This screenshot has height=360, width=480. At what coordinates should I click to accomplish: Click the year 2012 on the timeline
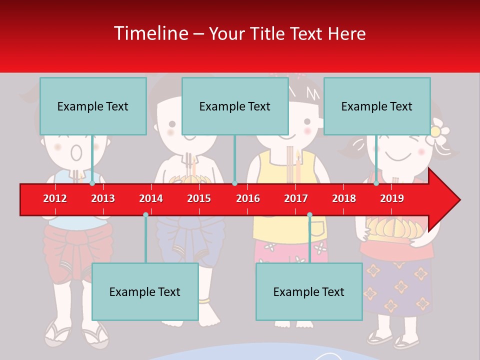pos(55,198)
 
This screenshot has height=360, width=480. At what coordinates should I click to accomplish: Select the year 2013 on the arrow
pos(103,198)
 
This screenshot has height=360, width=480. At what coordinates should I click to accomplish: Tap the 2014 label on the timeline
pos(151,198)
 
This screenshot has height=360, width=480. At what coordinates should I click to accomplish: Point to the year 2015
pos(199,198)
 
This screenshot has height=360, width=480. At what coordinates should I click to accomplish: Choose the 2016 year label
pos(248,198)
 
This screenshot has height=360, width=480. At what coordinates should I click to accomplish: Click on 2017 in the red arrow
pos(296,198)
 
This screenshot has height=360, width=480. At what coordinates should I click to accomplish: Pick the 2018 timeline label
pos(344,198)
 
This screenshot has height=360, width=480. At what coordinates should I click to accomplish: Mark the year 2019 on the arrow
pos(392,198)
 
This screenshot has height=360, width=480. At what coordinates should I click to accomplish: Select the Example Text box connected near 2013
pos(93,106)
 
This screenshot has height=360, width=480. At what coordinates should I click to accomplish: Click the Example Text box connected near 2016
pos(235,106)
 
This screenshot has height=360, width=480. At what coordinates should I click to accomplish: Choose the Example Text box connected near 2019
pos(377,106)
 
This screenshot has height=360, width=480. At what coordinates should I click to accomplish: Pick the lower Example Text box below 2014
pos(145,291)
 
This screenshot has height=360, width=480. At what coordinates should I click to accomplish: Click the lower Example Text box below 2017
pos(309,291)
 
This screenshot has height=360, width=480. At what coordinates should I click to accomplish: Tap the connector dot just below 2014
pos(145,214)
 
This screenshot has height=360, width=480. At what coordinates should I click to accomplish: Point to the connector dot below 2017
pos(309,214)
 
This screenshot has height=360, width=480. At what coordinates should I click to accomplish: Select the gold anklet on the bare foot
pos(204,301)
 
